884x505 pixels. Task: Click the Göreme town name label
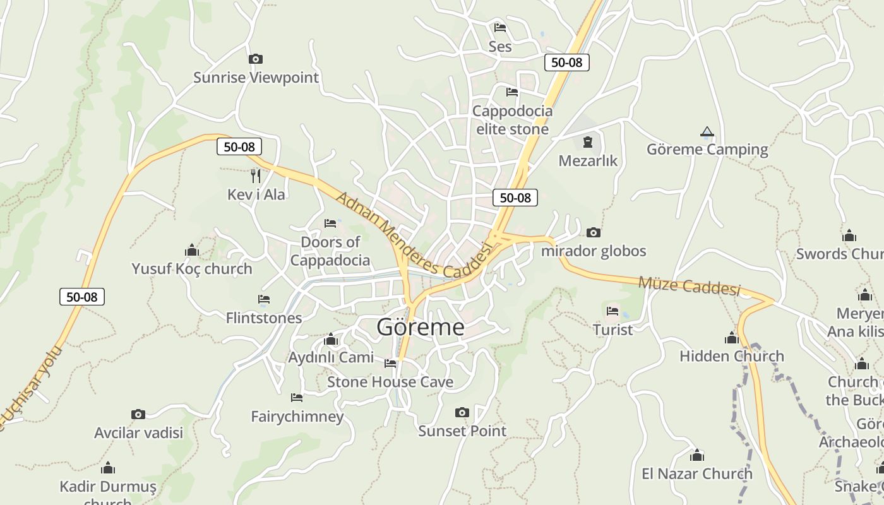(421, 327)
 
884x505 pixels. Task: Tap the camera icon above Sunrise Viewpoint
(256, 59)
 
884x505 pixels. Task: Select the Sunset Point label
(462, 431)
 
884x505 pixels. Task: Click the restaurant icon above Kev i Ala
(256, 175)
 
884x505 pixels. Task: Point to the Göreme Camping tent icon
(707, 132)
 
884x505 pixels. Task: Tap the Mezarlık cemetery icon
(588, 142)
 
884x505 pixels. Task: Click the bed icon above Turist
(612, 311)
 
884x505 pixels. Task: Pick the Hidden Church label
(732, 356)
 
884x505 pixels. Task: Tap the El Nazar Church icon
(697, 455)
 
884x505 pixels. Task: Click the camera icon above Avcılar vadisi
(138, 414)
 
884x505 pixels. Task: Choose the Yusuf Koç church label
(192, 269)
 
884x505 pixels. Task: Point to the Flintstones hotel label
(264, 318)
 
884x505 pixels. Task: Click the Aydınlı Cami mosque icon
(331, 340)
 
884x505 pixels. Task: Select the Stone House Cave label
(390, 382)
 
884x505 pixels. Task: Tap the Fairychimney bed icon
(297, 398)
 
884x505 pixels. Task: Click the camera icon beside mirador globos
(594, 233)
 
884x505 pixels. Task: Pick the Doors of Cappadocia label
(330, 251)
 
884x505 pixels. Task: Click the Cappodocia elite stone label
(512, 120)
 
